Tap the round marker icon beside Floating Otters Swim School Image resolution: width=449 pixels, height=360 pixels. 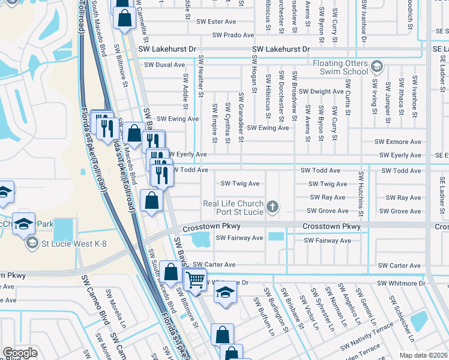(377, 66)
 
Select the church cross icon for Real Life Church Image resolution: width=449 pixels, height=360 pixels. (273, 208)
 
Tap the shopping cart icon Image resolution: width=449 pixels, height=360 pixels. (195, 279)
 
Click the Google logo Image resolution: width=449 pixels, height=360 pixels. (20, 353)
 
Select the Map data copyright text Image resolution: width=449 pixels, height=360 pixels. (423, 355)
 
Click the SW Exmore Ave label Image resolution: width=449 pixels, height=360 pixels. (398, 142)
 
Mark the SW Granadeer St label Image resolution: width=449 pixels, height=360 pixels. (241, 117)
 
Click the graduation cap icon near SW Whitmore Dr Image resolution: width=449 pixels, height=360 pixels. (226, 292)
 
